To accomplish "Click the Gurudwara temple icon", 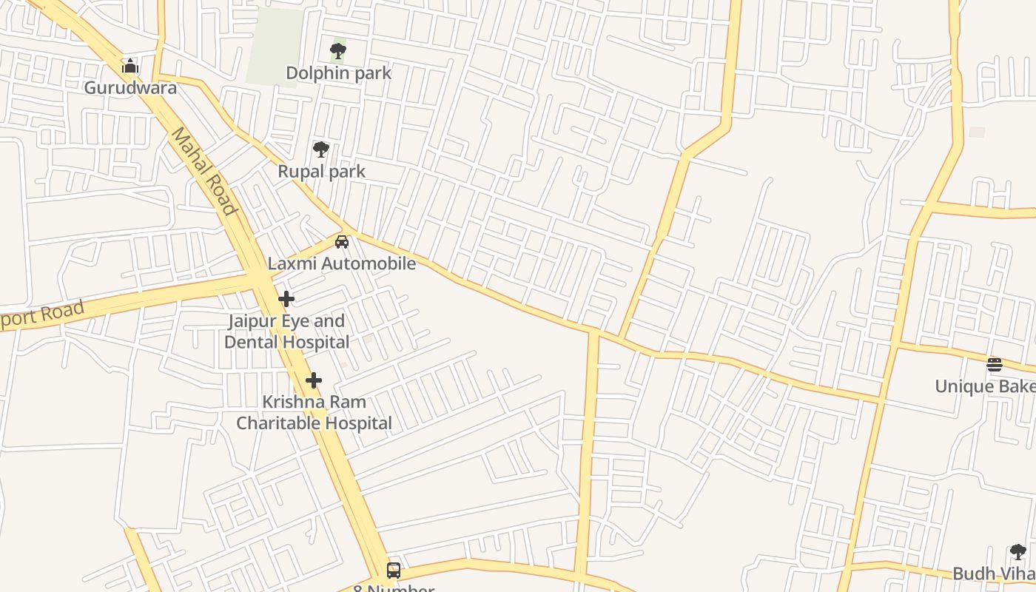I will (x=130, y=67).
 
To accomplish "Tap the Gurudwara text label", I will (x=130, y=88).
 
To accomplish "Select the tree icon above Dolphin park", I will (x=338, y=51).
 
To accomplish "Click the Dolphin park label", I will (x=338, y=73).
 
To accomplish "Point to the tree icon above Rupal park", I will (x=320, y=149).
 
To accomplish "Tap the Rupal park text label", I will (x=321, y=172).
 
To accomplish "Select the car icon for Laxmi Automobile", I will (x=341, y=241).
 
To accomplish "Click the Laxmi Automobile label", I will (x=341, y=263).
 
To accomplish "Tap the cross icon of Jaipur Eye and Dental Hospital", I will (x=286, y=299).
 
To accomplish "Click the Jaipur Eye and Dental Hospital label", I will (x=286, y=332).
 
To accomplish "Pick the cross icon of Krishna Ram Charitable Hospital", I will (x=314, y=380).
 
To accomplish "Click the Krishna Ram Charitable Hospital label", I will (x=314, y=413).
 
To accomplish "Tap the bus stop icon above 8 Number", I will (x=394, y=571).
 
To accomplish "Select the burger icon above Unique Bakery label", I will (x=994, y=364).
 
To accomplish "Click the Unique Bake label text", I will (x=984, y=386).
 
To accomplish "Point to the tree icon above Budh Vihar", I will (x=1017, y=551).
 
